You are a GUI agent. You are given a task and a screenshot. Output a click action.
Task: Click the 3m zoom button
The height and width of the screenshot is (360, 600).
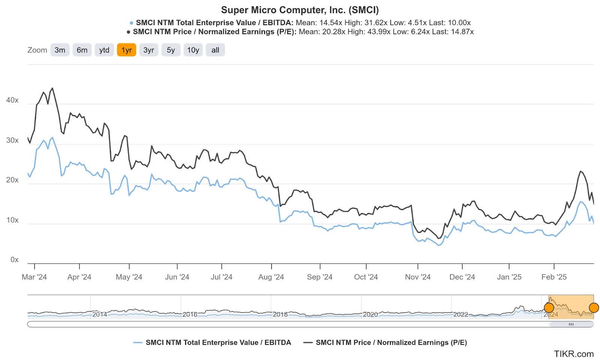click(x=60, y=50)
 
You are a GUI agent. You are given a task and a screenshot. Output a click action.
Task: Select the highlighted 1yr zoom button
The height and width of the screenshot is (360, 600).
click(x=126, y=50)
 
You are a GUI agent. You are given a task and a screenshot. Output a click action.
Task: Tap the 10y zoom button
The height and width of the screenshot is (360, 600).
click(x=193, y=50)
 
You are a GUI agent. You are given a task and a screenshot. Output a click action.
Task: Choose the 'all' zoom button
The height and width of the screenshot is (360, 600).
click(x=215, y=50)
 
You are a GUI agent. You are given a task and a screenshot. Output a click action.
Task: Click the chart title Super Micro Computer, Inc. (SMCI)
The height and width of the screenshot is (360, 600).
click(x=300, y=10)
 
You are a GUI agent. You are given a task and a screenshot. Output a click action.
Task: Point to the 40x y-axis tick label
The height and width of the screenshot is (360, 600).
click(x=12, y=100)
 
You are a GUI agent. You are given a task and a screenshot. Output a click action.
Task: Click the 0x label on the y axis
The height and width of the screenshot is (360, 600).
click(x=14, y=259)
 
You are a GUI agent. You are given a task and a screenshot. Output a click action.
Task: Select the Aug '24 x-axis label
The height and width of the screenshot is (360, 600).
click(x=271, y=277)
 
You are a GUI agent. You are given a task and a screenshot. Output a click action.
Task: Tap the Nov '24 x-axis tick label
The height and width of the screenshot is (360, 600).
click(x=417, y=277)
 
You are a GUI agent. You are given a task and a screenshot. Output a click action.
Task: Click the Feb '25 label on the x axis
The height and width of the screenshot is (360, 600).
click(x=553, y=277)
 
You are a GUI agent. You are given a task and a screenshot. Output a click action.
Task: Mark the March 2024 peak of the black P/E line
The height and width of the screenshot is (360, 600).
click(x=52, y=88)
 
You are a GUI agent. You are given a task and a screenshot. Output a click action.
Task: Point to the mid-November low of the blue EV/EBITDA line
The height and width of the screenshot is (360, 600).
click(x=438, y=245)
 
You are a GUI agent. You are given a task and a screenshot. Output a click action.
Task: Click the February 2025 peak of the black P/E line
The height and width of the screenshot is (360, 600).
click(x=580, y=171)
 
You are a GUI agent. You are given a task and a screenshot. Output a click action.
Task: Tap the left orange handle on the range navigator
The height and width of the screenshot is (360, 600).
click(x=549, y=308)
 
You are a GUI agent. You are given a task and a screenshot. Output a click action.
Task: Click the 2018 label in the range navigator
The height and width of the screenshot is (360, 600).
click(x=280, y=314)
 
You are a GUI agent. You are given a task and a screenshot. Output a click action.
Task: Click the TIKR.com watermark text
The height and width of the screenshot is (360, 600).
click(x=574, y=354)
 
